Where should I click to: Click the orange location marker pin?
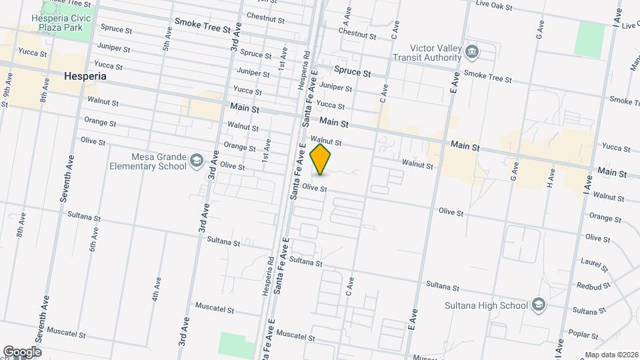coord(321,159)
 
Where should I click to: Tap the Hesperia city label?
coord(85,76)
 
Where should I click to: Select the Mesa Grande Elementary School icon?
coord(197,160)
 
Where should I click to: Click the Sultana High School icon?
coord(538,305)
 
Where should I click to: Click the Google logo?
coord(22,352)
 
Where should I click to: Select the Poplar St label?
coord(581,333)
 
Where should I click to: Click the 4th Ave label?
coord(157,289)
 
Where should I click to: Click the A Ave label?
coord(347,13)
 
